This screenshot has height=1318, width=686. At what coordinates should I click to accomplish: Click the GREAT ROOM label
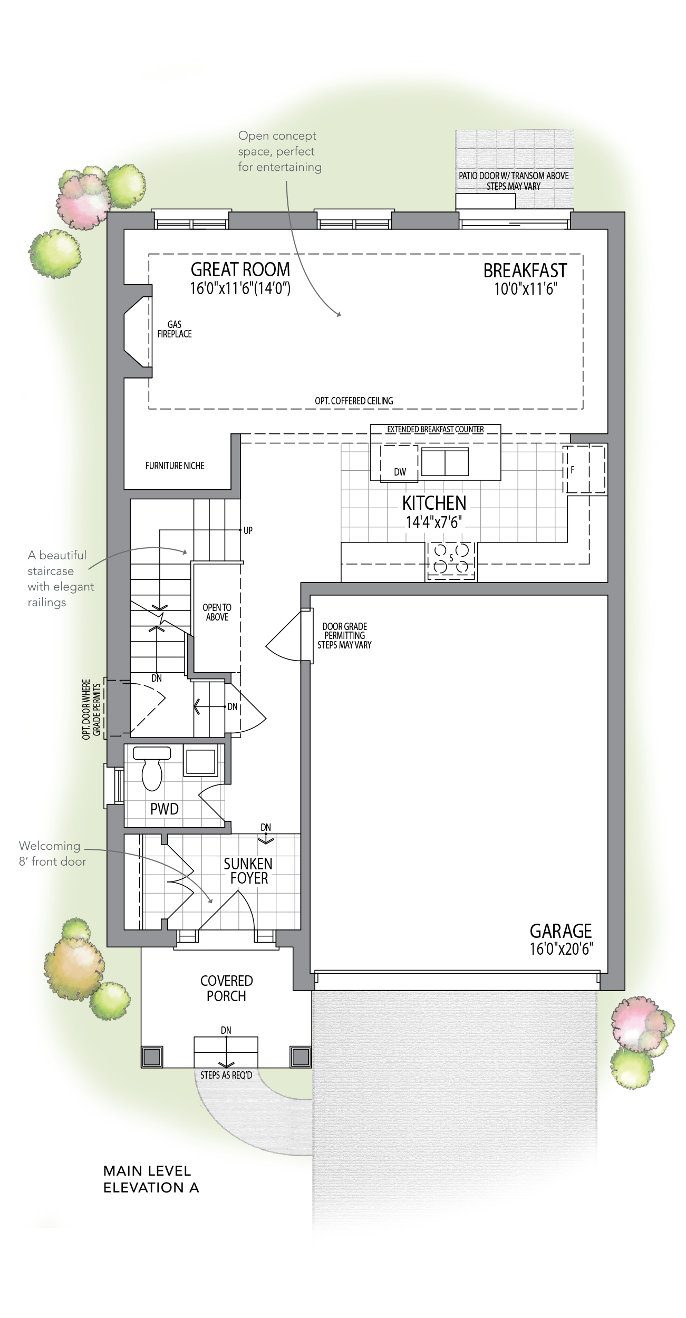click(x=240, y=269)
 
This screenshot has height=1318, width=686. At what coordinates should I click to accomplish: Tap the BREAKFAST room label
click(x=525, y=270)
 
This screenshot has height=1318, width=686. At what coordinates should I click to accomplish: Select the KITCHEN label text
click(x=434, y=503)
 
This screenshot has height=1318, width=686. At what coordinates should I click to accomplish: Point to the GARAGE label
click(x=561, y=931)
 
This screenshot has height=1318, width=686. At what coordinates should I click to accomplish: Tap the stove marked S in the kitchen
click(x=451, y=559)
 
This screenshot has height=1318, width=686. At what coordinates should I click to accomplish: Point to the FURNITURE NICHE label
click(x=175, y=466)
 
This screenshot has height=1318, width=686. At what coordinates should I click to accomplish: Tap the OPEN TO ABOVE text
click(x=217, y=612)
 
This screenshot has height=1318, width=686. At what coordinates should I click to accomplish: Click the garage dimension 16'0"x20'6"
click(x=562, y=949)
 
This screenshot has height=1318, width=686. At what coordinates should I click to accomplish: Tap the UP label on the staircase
click(x=248, y=530)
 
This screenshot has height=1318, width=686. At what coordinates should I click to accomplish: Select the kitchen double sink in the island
click(x=445, y=462)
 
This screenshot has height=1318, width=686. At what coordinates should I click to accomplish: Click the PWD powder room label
click(x=165, y=809)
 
